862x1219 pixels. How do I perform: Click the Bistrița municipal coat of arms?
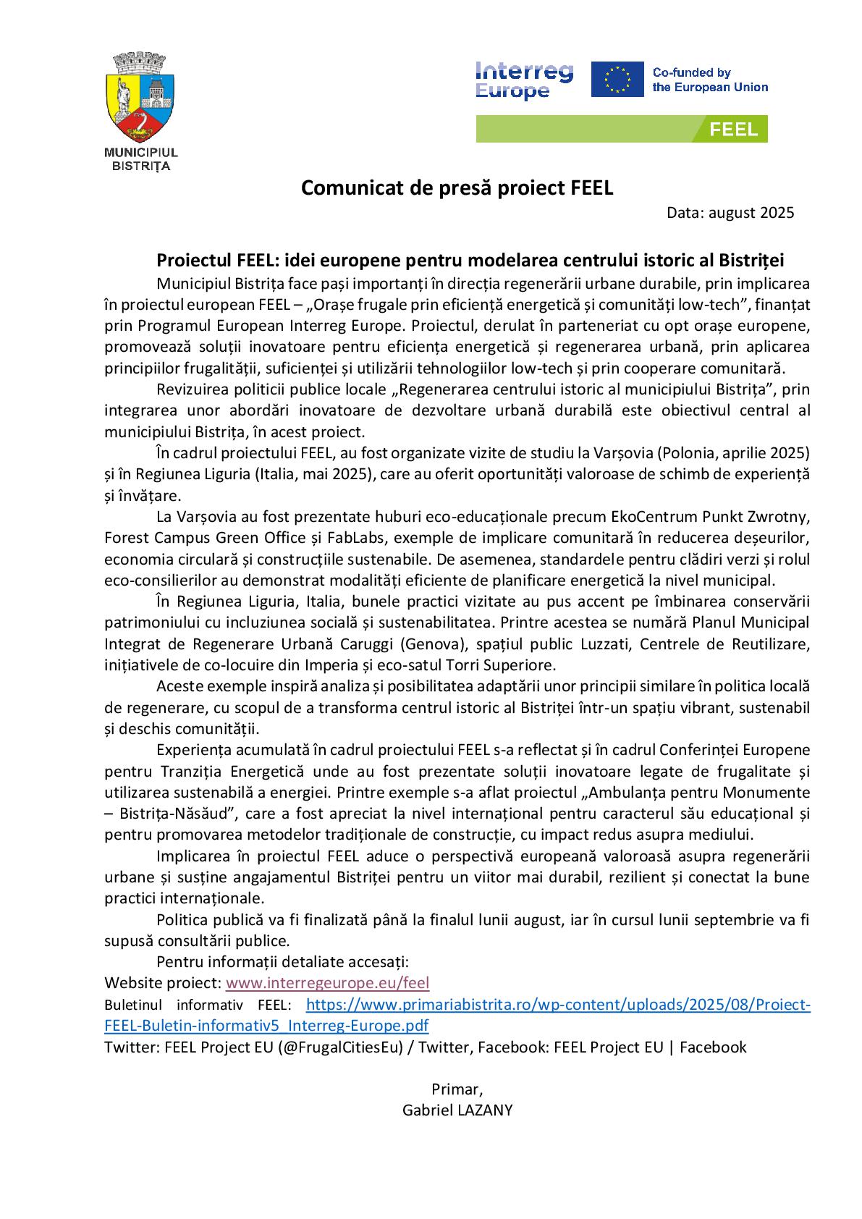141,98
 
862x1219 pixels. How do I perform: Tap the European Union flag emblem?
617,80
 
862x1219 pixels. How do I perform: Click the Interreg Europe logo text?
524,80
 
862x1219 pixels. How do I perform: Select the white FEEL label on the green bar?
733,130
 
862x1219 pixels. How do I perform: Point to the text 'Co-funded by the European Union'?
710,80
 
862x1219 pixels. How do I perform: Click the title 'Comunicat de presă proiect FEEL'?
457,188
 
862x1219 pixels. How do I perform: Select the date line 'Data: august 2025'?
730,213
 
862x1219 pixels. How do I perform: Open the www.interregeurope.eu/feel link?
328,983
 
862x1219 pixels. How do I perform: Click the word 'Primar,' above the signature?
457,1089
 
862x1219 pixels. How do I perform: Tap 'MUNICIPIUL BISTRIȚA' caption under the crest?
141,159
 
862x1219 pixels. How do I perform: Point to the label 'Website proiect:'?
163,983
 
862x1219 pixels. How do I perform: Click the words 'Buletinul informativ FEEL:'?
197,1005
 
